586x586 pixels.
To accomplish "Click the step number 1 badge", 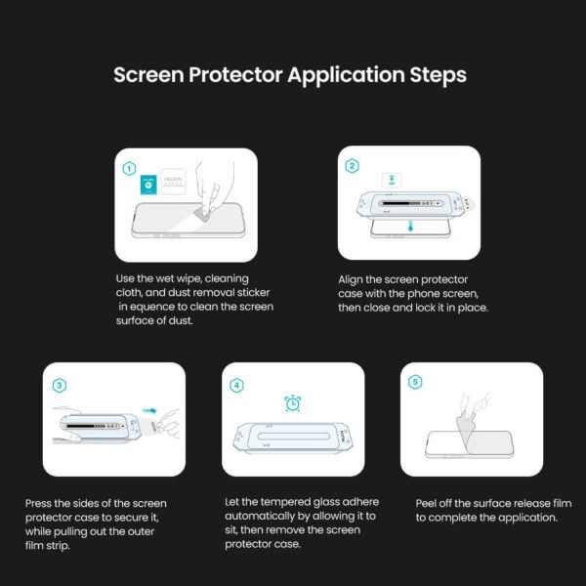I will (x=129, y=168).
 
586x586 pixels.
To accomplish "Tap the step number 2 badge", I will (x=352, y=166).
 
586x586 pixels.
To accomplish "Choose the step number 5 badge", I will (x=416, y=382).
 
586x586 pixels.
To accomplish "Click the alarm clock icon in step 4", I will (x=292, y=402).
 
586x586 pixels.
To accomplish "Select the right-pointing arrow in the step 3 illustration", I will (x=148, y=411).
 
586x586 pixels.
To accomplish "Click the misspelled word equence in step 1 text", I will (x=154, y=308).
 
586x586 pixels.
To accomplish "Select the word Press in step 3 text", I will (x=41, y=504).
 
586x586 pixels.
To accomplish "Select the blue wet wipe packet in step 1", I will (x=147, y=182).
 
